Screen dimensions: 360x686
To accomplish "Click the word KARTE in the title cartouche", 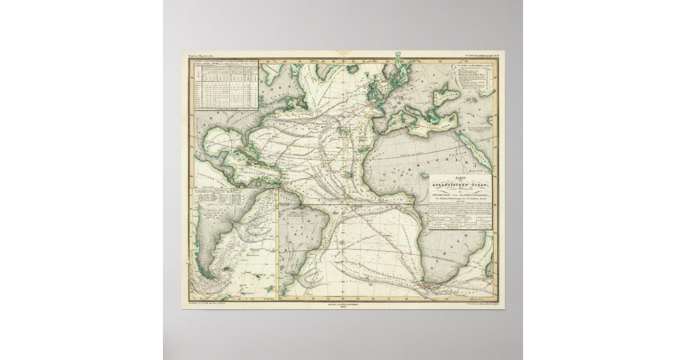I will (461, 177).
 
